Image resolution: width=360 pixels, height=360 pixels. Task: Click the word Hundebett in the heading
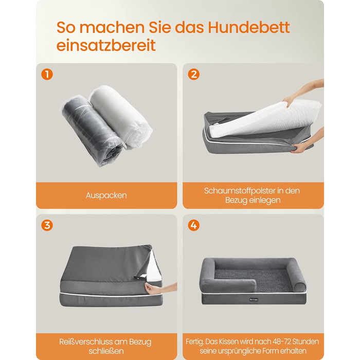[249, 27]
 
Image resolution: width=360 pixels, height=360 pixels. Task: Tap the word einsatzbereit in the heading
[106, 45]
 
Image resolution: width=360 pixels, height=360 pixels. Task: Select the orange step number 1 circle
[47, 75]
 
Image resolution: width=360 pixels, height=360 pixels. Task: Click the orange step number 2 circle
[193, 75]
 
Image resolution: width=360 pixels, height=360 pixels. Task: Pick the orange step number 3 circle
[47, 225]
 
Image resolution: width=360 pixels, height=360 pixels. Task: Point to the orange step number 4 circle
[193, 225]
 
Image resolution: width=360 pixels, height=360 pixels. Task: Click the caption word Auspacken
[106, 195]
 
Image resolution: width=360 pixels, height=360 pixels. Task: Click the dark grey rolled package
[93, 131]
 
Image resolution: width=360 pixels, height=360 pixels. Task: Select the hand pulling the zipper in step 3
[160, 288]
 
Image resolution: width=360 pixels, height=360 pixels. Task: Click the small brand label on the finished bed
[254, 299]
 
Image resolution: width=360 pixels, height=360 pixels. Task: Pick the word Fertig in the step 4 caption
[194, 342]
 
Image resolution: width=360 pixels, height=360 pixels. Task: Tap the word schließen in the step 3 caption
[106, 351]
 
